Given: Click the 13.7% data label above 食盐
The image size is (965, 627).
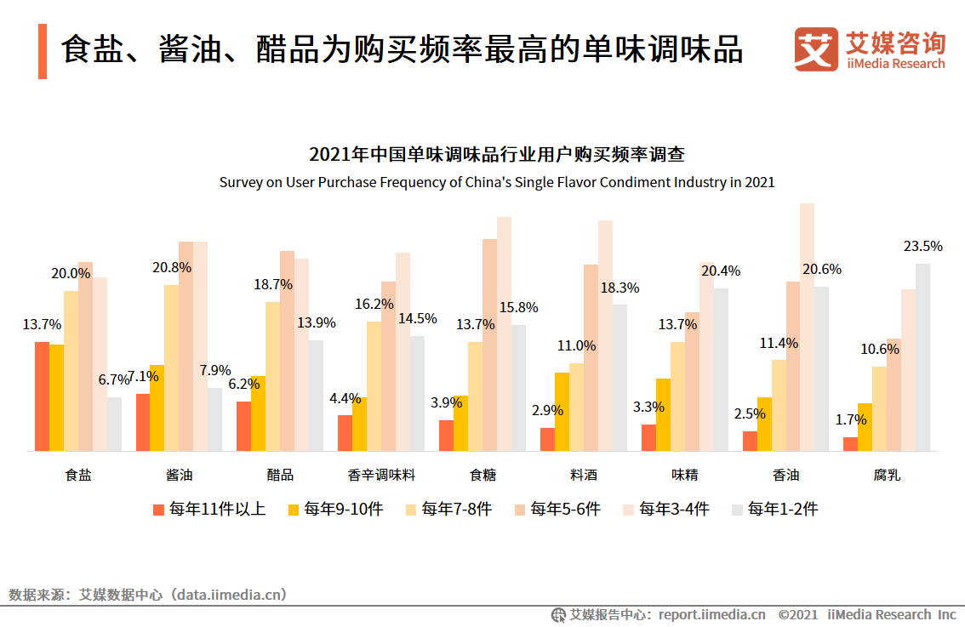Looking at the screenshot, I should coord(42,324).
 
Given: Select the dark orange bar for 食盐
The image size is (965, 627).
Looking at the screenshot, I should coord(42,396).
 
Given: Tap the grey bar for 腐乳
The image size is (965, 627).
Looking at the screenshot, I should coord(922,357).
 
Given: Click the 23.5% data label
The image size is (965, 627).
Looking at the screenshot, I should coord(922,247).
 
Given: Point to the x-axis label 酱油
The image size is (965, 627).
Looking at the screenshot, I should coord(179,475).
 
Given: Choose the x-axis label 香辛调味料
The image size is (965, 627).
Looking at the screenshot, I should coord(381,475).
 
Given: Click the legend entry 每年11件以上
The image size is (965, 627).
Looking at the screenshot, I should coord(209,510).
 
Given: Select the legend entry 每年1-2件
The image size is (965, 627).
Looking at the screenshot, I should coord(774,510).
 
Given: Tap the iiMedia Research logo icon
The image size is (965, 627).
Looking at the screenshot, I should coord(815,49).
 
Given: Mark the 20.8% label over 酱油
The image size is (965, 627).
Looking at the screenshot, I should coord(172,267).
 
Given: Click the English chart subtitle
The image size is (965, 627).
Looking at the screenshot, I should coord(497,182).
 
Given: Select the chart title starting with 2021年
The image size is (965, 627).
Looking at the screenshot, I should coord(497,155).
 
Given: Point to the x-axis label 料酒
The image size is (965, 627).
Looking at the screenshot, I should coord(583,475).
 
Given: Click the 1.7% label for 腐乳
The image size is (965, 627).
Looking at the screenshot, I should coord(851,419).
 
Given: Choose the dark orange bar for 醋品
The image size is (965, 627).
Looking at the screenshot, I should coord(243,426).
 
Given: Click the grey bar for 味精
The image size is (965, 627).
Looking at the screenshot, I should coord(721,369).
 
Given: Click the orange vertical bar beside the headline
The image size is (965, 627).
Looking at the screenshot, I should coord(43,51).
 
